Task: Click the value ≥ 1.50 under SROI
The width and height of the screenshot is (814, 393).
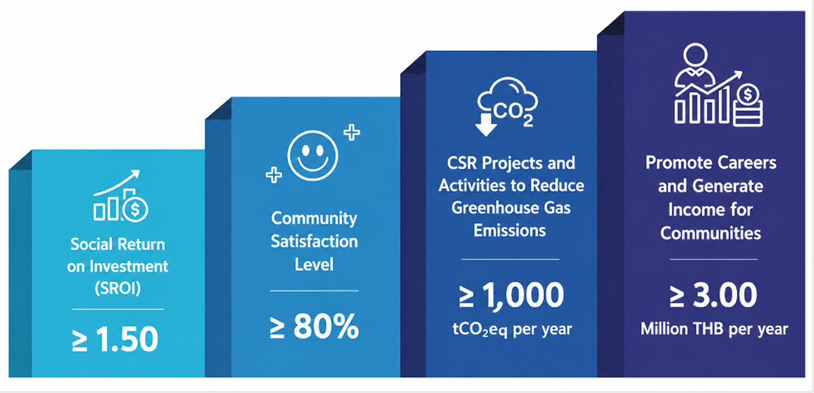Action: point(115,339)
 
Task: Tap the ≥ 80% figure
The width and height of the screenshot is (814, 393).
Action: point(314,326)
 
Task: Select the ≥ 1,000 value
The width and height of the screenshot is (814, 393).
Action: point(511,295)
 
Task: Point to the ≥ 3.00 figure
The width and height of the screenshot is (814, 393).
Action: point(714,294)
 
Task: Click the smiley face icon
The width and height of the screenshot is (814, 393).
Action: point(313,156)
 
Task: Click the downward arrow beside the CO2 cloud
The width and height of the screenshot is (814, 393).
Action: point(486,125)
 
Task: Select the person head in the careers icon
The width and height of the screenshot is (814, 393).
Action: point(695,55)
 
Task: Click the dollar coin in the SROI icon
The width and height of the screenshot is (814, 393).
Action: point(135,209)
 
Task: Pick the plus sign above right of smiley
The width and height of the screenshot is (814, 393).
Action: point(352,132)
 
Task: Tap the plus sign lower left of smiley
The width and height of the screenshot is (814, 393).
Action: point(273,175)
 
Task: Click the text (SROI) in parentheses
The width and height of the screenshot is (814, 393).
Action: point(118,289)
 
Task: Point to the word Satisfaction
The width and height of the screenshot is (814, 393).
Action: point(314,241)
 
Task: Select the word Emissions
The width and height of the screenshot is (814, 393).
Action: point(509,231)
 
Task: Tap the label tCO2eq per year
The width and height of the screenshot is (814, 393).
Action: point(512,330)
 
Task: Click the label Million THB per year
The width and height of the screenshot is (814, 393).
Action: point(714,329)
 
